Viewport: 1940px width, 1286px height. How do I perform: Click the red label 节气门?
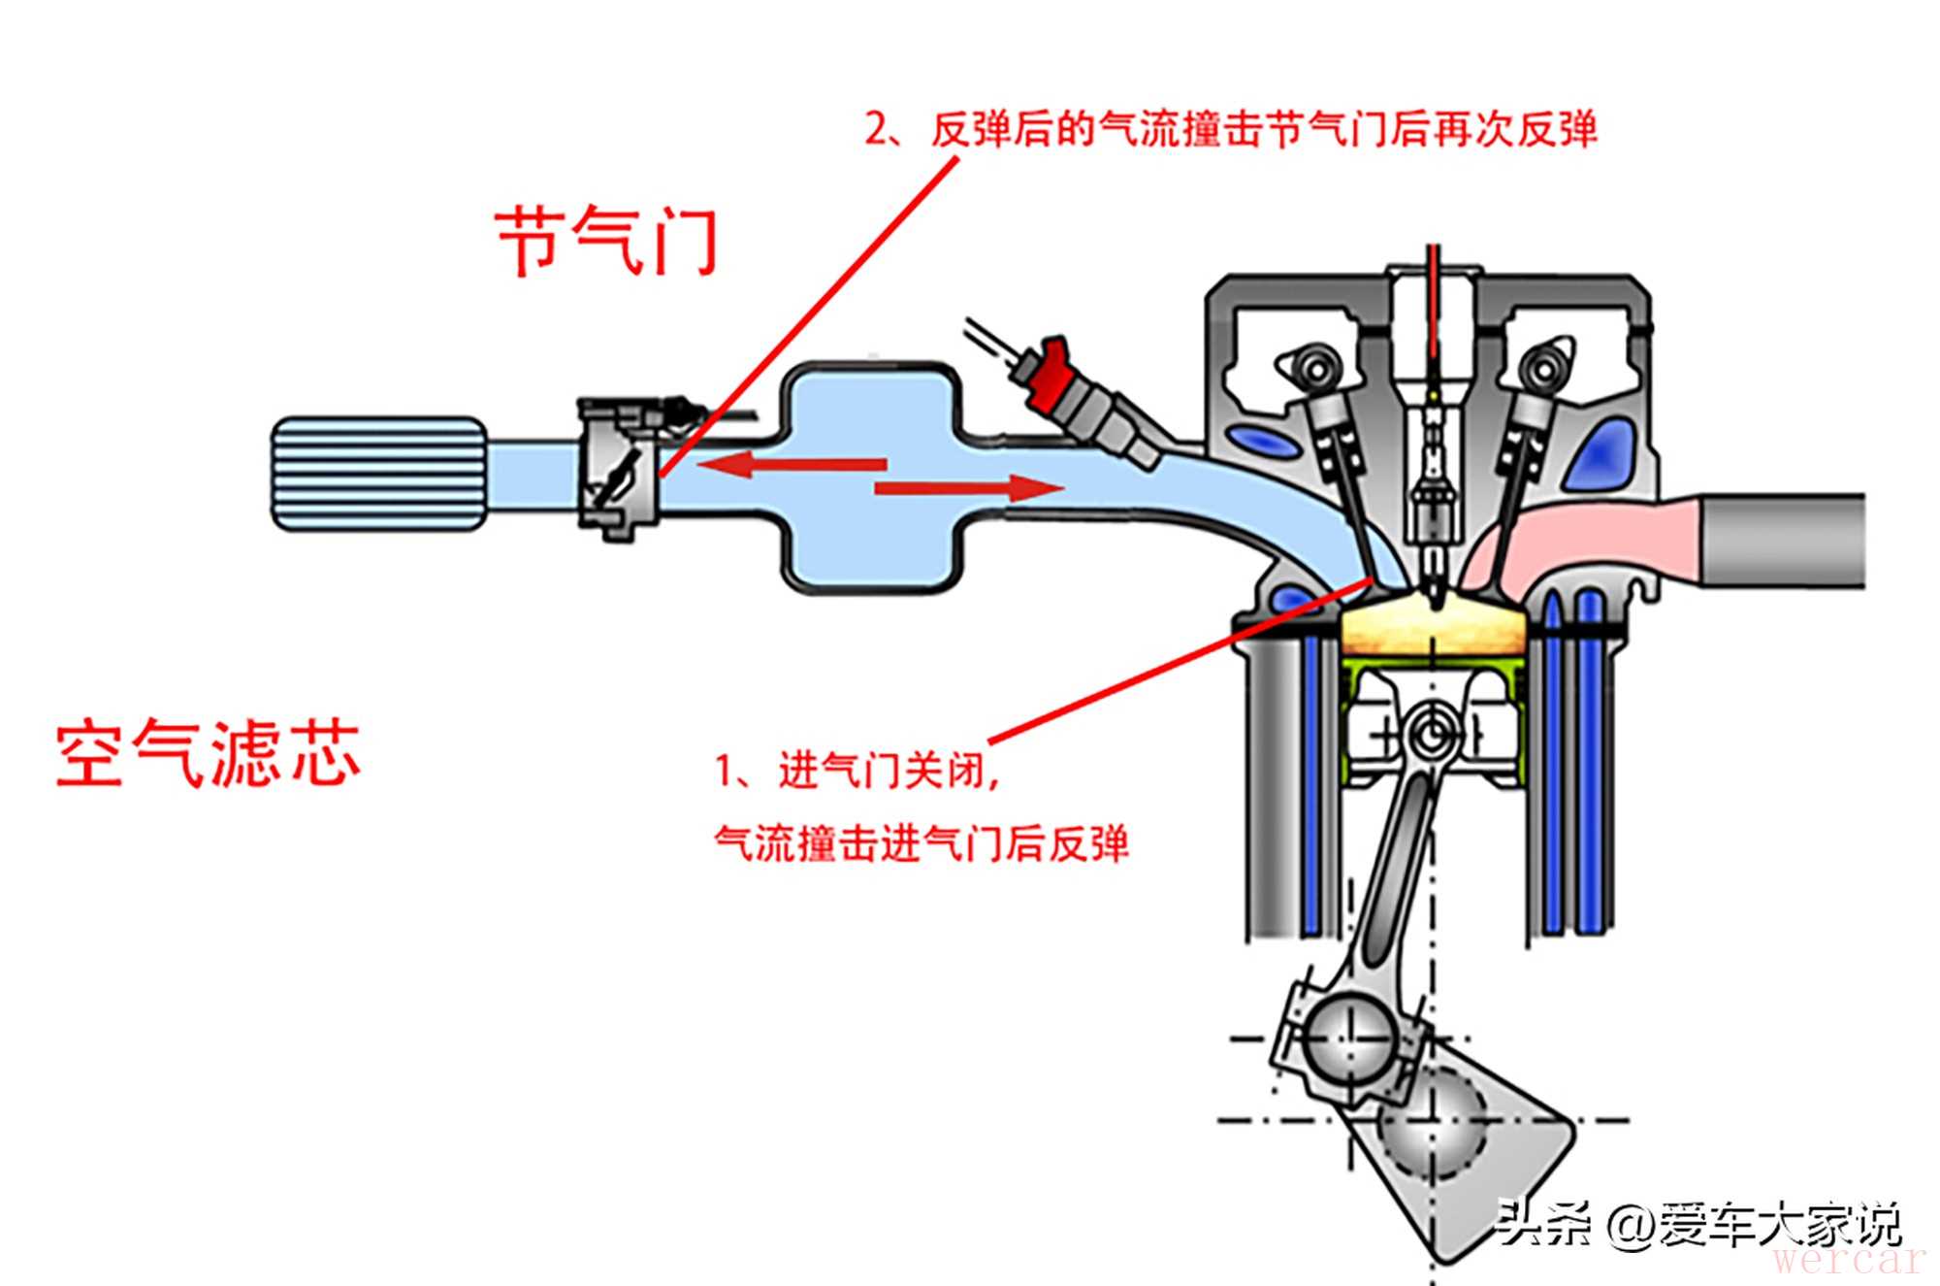tap(607, 240)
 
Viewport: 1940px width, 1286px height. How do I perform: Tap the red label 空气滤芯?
tap(209, 754)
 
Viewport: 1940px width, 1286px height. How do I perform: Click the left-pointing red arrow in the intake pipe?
tap(791, 464)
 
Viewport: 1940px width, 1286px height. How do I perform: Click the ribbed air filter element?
tap(378, 474)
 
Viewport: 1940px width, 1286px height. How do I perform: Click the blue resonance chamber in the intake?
tap(870, 476)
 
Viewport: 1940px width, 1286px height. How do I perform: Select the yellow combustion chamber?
tap(1433, 628)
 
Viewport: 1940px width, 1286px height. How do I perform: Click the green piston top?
tap(1433, 669)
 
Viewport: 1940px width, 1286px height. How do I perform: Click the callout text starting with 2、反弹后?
tap(1230, 130)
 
